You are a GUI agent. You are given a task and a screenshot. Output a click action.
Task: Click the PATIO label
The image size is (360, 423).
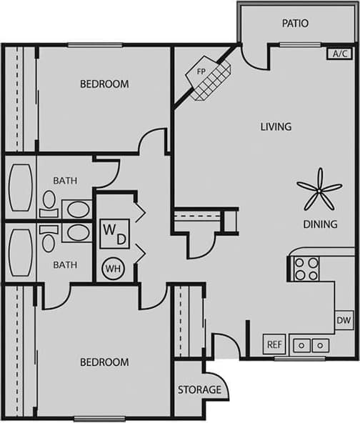point(295,24)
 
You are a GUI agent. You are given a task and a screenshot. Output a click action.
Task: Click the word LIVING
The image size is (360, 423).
point(276,127)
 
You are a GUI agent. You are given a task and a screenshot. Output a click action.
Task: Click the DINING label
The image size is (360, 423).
point(319,224)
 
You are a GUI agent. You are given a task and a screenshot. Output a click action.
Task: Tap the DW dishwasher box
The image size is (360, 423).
point(344,322)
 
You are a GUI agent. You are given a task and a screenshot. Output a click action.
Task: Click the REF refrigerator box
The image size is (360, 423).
point(274,344)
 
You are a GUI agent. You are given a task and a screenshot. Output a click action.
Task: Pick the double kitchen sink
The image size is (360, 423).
point(310,344)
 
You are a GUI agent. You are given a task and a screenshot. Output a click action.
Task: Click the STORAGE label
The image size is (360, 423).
point(199,390)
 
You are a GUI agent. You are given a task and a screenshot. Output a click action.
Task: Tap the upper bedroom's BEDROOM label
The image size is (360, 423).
point(104,84)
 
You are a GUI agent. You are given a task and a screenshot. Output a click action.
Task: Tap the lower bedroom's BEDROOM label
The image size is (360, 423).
point(104,362)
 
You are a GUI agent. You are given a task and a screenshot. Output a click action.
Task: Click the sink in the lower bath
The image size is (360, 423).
point(77,232)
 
